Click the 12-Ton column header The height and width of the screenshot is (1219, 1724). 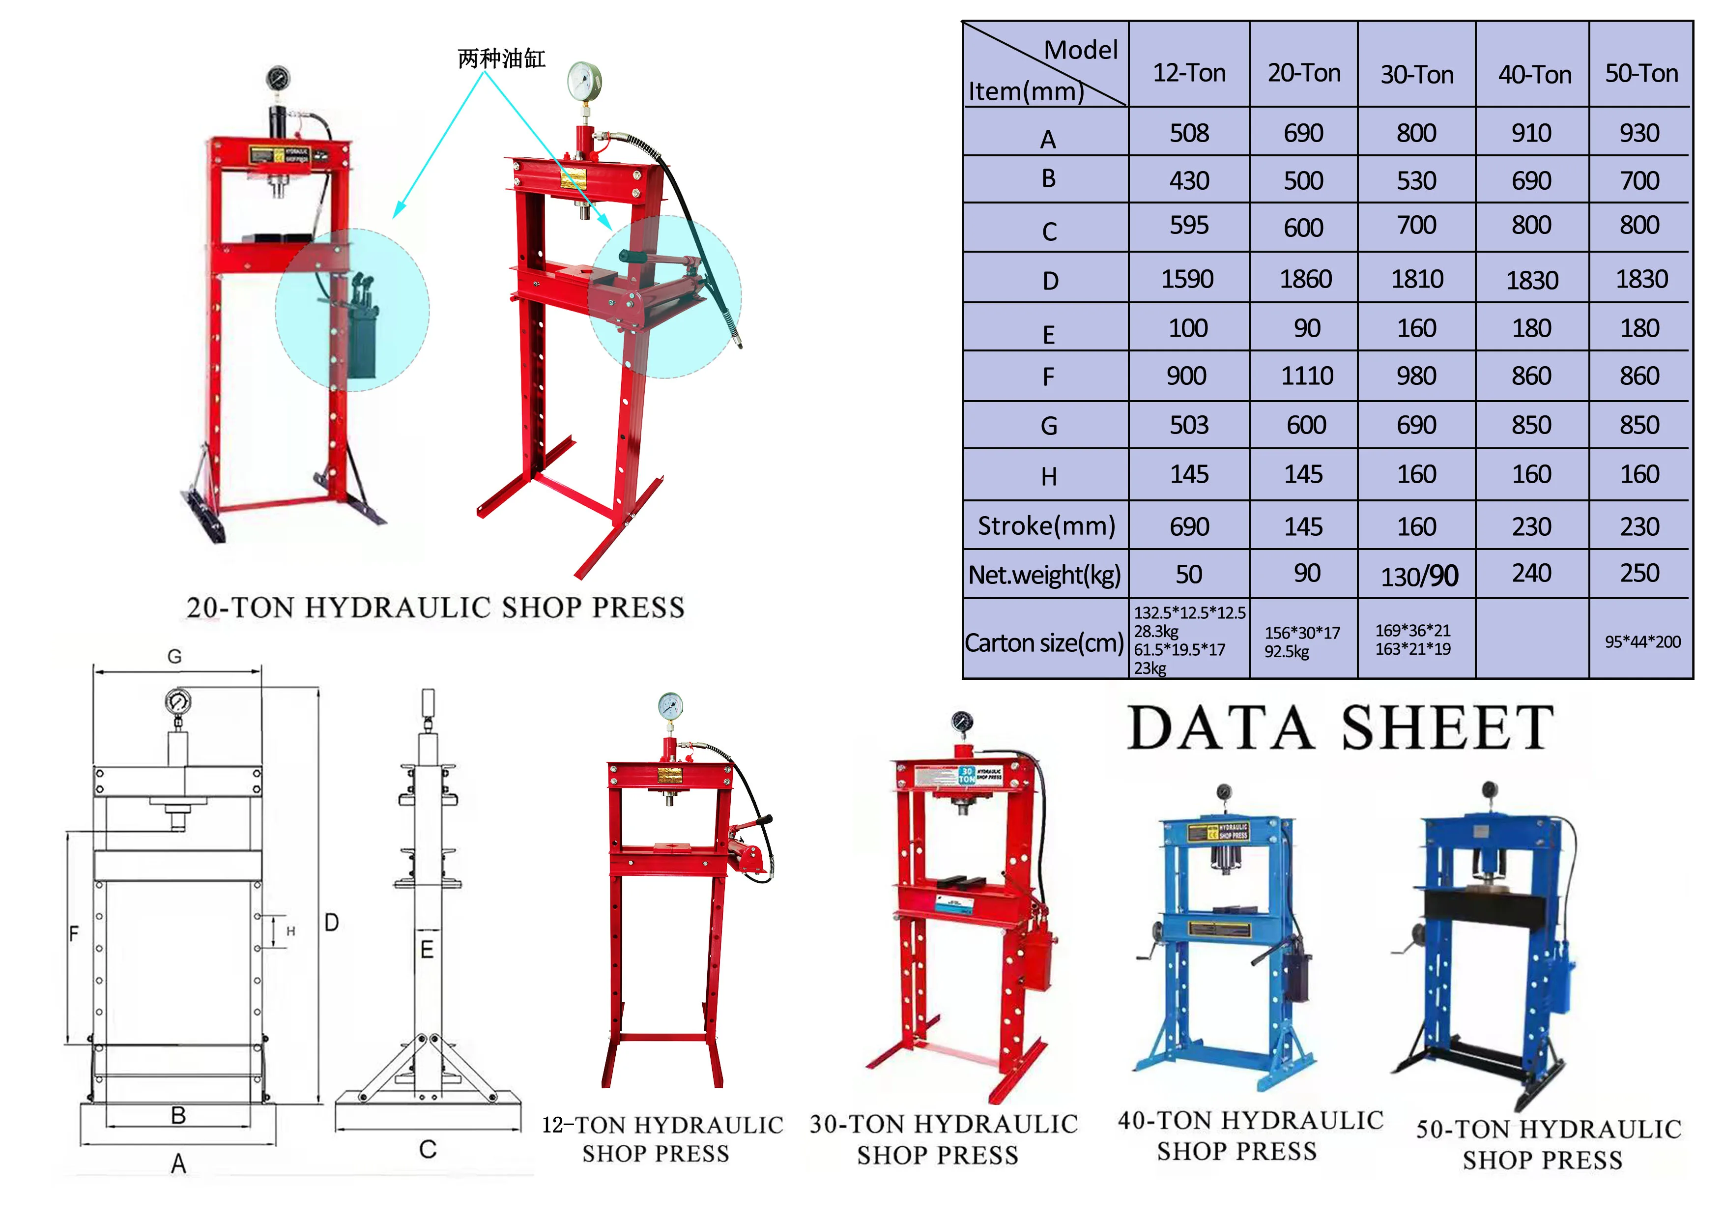point(1189,73)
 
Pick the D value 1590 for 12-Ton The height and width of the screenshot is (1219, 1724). point(1187,279)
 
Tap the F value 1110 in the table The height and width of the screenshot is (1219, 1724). point(1307,376)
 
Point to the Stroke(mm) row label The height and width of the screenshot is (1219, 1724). point(1046,526)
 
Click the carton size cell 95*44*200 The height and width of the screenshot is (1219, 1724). point(1642,642)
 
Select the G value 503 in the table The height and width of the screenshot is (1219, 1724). point(1189,425)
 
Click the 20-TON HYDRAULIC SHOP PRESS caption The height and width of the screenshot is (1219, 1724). point(435,608)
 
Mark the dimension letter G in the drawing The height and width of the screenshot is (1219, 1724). point(174,657)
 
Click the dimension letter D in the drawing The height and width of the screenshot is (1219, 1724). point(331,922)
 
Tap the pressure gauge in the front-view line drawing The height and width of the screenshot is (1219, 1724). point(178,702)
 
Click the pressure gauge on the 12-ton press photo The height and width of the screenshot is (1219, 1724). point(670,706)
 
